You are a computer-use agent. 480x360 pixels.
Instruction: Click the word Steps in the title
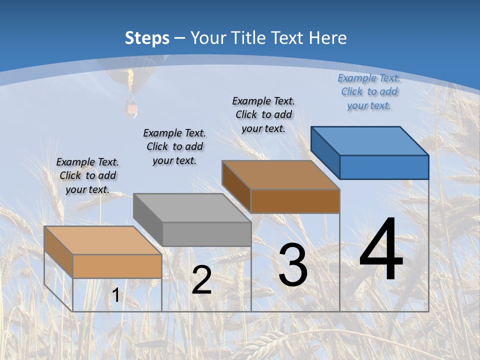(x=147, y=38)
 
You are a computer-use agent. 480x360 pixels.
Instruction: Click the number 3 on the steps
(x=293, y=265)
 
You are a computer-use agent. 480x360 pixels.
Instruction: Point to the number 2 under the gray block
(x=201, y=280)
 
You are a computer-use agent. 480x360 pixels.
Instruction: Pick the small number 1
(x=115, y=295)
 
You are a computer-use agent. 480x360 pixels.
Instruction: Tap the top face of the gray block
(x=192, y=207)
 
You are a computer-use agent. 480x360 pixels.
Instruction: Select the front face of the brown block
(x=295, y=201)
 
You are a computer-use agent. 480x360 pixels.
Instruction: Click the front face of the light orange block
(x=117, y=266)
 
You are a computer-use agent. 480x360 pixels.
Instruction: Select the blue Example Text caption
(x=369, y=91)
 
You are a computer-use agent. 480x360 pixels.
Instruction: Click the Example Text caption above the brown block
(x=263, y=114)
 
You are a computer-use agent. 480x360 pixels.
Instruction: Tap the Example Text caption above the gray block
(x=174, y=146)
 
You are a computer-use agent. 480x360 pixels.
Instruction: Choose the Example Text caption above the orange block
(x=87, y=175)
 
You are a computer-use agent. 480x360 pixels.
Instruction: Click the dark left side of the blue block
(x=325, y=152)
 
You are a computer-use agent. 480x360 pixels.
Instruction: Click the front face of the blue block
(x=384, y=167)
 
